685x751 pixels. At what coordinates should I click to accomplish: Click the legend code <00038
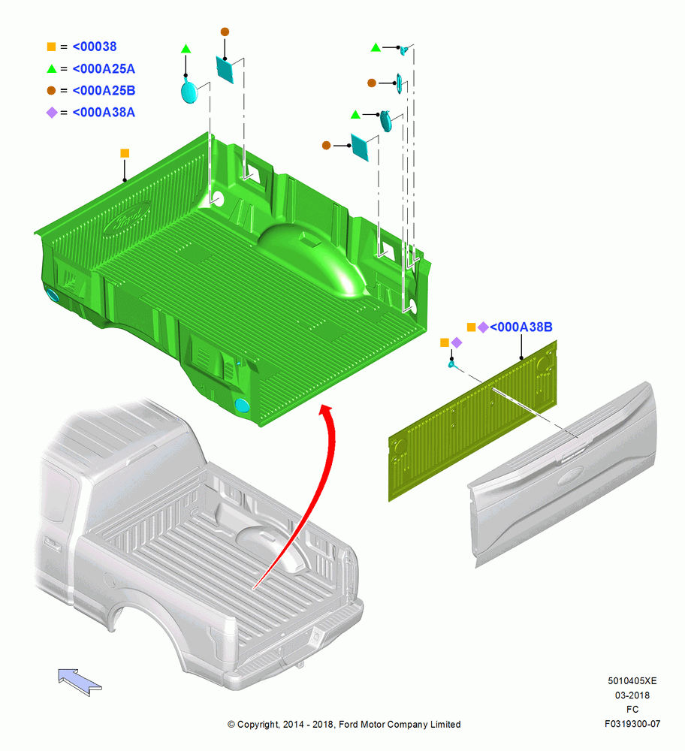point(95,47)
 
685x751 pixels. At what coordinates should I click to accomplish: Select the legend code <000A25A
point(104,68)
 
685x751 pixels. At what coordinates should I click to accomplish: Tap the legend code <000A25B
point(104,90)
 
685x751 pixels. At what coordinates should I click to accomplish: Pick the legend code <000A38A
point(104,112)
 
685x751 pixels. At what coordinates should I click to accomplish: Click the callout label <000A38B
point(521,327)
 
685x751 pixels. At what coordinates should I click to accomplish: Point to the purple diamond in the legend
point(52,113)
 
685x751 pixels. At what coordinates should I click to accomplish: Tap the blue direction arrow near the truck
point(80,682)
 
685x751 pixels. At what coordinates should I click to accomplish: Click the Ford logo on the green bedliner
point(127,219)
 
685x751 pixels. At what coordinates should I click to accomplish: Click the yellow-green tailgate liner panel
point(472,421)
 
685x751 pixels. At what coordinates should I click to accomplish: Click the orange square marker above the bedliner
point(125,153)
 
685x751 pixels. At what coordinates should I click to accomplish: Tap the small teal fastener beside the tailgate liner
point(451,365)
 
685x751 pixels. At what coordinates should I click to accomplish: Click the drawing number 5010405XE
point(632,680)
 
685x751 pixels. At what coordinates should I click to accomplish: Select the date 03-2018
point(632,695)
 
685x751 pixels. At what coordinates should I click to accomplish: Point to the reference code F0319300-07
point(632,724)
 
